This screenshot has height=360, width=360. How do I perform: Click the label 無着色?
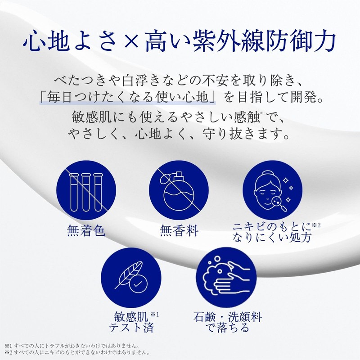coord(85,231)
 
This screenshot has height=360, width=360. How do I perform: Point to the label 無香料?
coord(179,231)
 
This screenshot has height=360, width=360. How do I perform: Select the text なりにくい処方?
coord(271,238)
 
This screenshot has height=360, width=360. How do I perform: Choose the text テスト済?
coord(131,327)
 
